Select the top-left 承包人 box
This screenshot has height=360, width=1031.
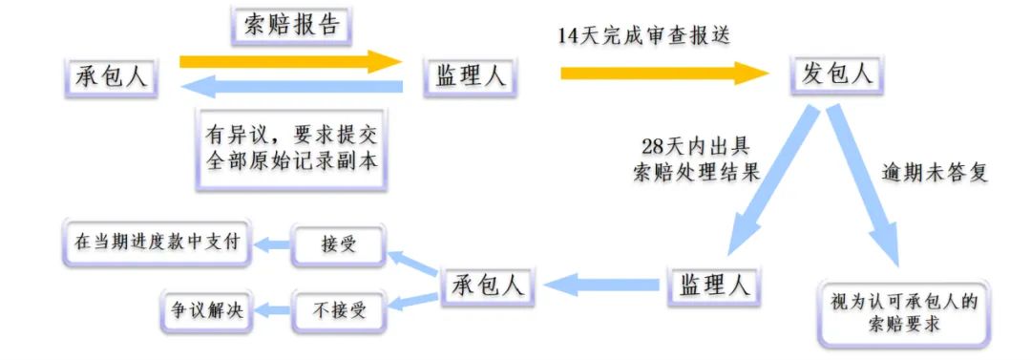coord(112,75)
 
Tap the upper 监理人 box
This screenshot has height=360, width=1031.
coord(470,75)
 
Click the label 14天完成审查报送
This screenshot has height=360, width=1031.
coord(647,35)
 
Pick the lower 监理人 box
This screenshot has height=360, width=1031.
coord(713,284)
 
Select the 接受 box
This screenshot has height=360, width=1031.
coord(339,244)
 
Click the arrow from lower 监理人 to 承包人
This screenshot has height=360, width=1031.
coord(601,284)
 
